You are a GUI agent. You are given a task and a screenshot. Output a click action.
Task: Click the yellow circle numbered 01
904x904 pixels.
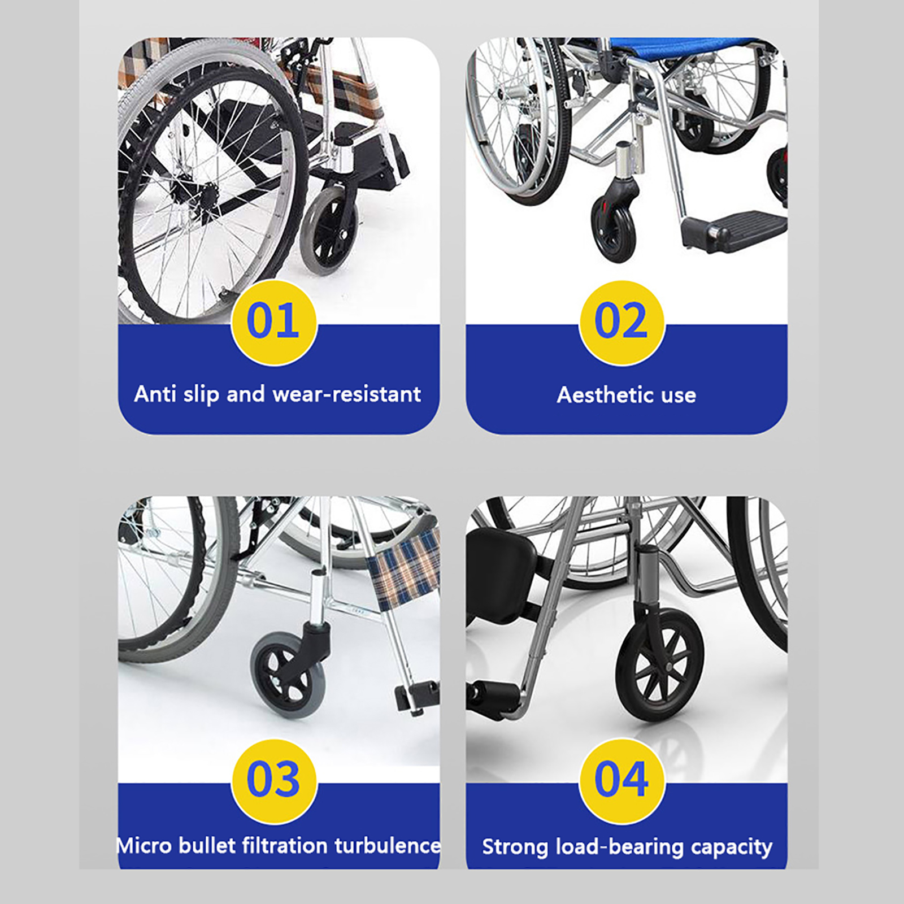pos(274,323)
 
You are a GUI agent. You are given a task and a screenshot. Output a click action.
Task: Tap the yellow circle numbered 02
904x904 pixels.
pos(621,323)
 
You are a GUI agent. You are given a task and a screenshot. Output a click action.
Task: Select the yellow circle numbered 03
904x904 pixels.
pos(274,781)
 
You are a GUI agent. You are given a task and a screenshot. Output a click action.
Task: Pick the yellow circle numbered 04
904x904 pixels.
pos(621,781)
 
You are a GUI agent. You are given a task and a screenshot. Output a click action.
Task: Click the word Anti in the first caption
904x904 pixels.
pos(155,394)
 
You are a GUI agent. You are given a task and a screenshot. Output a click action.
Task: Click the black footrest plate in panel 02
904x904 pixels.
pos(734,228)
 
